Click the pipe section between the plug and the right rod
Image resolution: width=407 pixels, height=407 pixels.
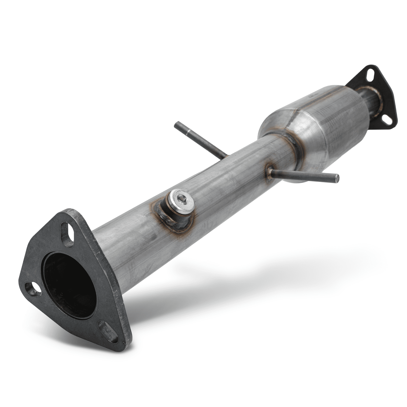(x=228, y=185)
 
